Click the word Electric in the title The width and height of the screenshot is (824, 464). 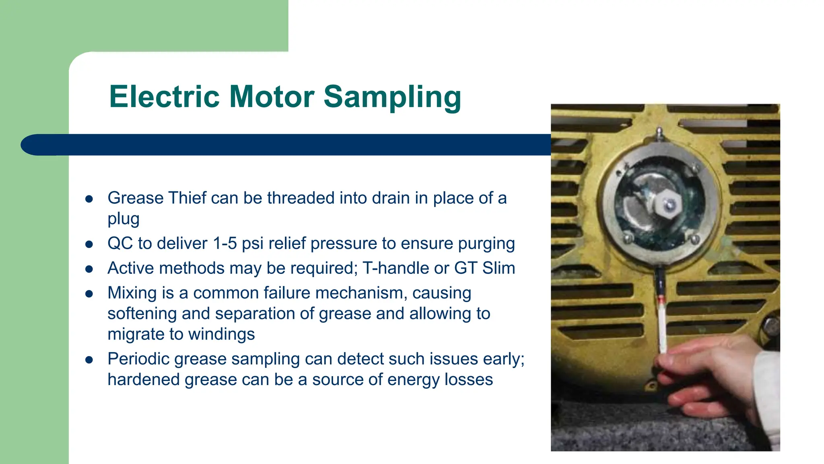[164, 97]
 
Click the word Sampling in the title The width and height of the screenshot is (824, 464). [392, 97]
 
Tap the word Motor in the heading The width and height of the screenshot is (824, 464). [272, 97]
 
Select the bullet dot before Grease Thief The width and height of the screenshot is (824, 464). [89, 199]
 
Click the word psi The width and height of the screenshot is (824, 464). [253, 244]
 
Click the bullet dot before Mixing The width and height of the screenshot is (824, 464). [89, 294]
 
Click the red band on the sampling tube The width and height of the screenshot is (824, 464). [661, 300]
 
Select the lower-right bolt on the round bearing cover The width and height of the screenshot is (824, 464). [694, 239]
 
